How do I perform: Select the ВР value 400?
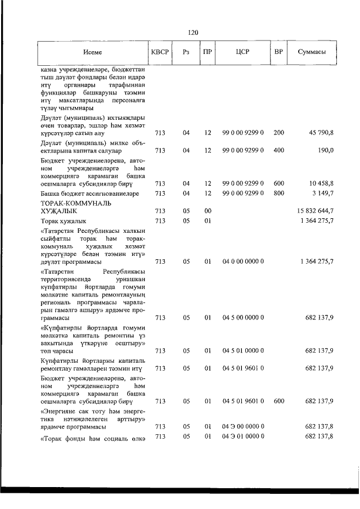[278, 150]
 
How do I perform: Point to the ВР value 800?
[278, 193]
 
